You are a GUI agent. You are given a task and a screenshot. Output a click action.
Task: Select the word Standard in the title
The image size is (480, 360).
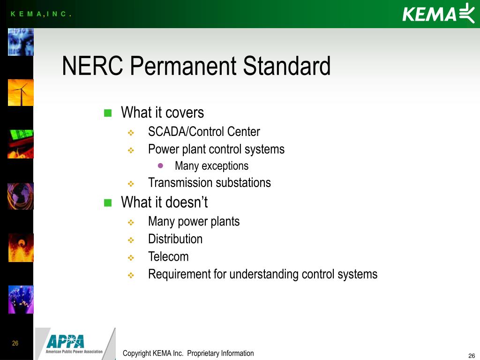[x=286, y=66]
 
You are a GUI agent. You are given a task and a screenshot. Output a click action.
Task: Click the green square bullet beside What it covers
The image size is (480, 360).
[x=108, y=113]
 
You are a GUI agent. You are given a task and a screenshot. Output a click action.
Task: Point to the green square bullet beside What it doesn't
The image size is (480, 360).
[x=108, y=202]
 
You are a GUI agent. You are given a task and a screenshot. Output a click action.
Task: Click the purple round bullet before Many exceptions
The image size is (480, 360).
[x=161, y=165]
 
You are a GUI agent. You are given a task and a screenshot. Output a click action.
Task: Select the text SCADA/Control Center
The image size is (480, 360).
[x=204, y=132]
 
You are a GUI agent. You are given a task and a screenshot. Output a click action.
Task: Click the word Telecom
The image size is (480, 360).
[x=168, y=256]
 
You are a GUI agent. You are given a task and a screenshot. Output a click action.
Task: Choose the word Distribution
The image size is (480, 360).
[x=175, y=239]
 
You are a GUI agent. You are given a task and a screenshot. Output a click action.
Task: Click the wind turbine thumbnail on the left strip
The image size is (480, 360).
[x=21, y=92]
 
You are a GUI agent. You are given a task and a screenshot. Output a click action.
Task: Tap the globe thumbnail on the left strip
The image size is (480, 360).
[x=21, y=196]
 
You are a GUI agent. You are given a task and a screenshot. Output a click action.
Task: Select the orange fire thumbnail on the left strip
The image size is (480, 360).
[x=21, y=247]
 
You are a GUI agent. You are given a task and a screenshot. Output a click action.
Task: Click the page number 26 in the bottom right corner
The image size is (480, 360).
[x=472, y=355]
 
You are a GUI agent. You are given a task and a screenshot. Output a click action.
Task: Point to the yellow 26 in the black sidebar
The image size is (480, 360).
[x=15, y=344]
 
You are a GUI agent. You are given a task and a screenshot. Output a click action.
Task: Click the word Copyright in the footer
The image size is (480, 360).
[x=136, y=353]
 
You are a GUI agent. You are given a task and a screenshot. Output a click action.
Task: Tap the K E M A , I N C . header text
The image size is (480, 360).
[x=41, y=14]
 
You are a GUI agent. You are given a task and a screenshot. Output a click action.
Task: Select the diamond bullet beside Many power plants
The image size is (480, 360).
[x=131, y=222]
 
